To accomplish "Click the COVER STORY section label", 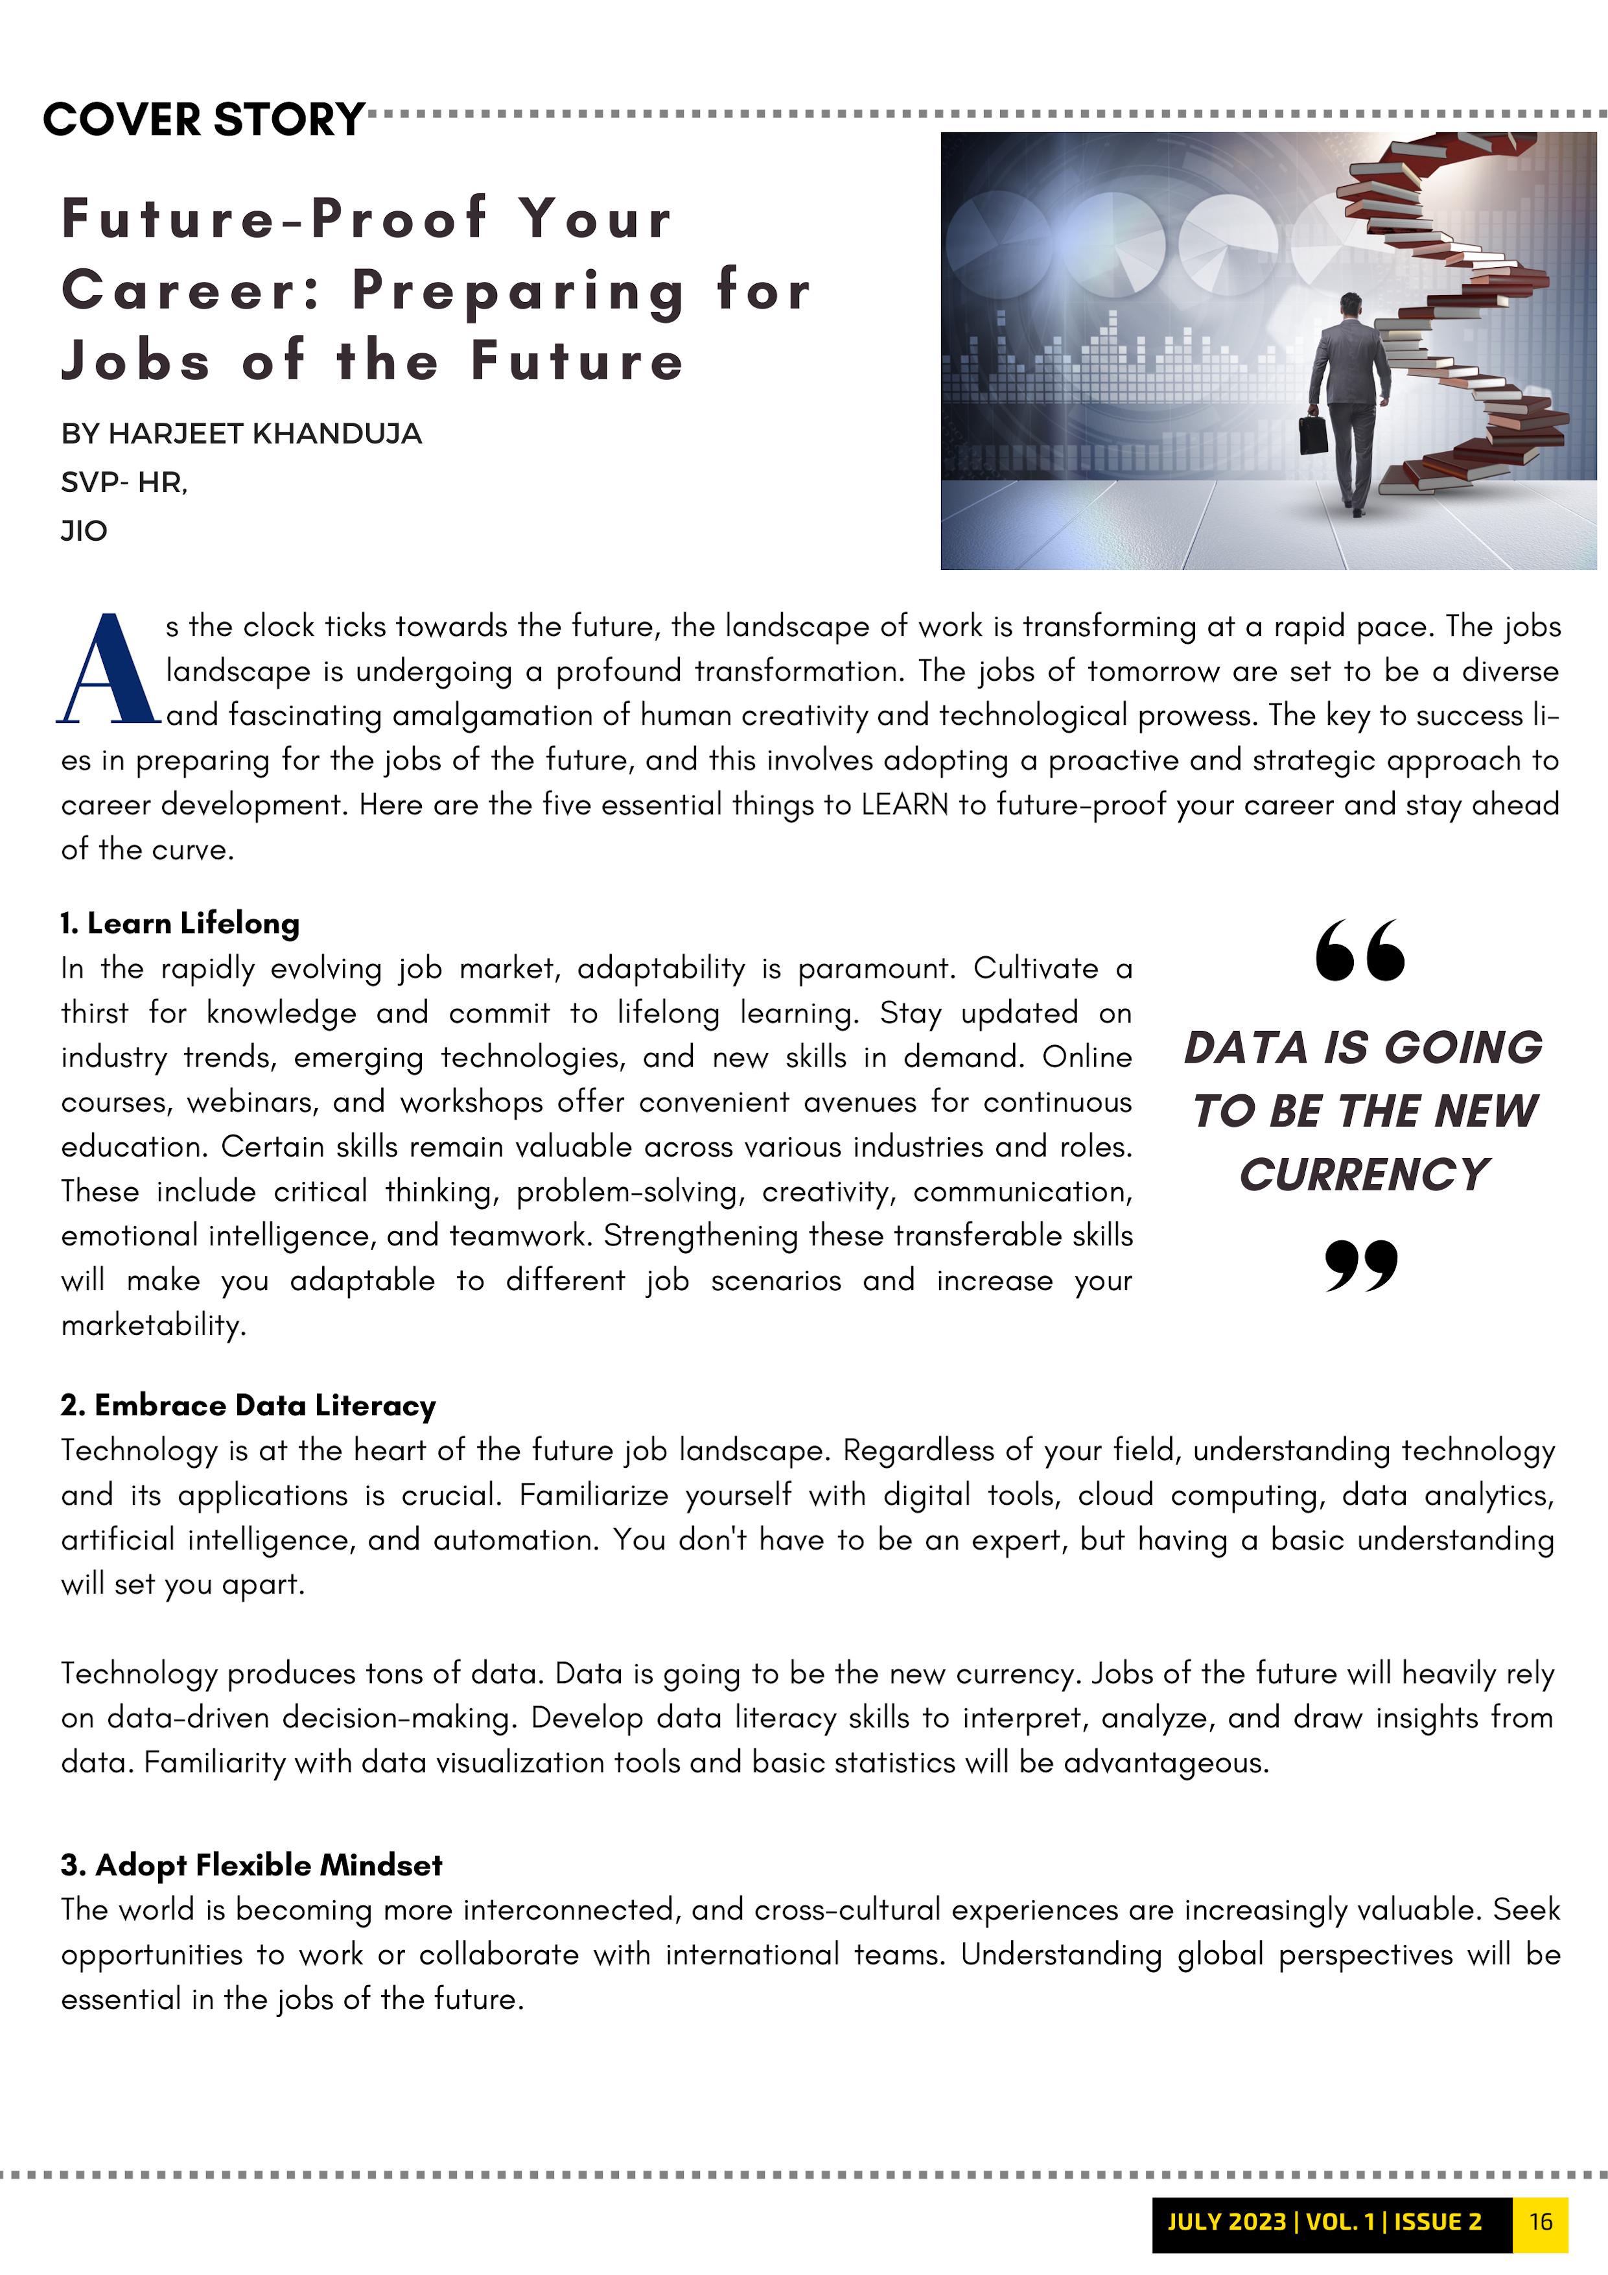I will click(204, 120).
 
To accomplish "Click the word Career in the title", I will click(191, 290).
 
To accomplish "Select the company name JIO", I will click(84, 531).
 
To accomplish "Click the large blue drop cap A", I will click(107, 670).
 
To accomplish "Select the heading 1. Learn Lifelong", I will click(180, 923).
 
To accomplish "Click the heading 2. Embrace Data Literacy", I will click(248, 1405).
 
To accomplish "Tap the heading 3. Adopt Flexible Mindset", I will click(251, 1865).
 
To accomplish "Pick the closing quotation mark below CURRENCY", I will click(1361, 1266).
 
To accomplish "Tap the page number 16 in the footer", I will click(1541, 2221).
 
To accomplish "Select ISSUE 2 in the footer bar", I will click(1438, 2221).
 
